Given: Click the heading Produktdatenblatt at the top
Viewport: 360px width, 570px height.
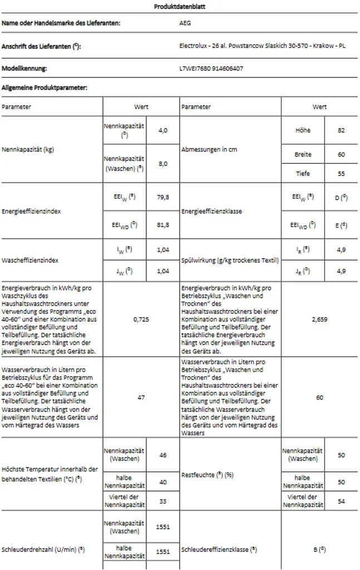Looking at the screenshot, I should [x=179, y=7].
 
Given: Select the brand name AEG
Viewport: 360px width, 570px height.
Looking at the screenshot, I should [x=185, y=23].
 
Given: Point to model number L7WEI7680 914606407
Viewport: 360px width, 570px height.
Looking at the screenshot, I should [x=211, y=68].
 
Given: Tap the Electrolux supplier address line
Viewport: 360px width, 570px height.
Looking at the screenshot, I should [x=262, y=46].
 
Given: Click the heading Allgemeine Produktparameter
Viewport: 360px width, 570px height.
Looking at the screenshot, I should [x=45, y=87].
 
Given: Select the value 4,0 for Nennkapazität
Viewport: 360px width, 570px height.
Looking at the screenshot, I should [x=162, y=130].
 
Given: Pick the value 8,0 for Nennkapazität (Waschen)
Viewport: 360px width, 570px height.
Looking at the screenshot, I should [x=162, y=164].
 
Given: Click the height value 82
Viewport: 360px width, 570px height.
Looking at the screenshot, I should [x=341, y=130].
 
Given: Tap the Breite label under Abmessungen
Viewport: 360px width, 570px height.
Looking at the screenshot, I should [x=303, y=154].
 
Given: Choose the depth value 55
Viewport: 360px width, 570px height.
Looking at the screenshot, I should [x=341, y=174].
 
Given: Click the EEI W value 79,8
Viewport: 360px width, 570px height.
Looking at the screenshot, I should [x=162, y=197].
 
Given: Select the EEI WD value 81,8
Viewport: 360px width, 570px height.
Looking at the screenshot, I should [x=162, y=225].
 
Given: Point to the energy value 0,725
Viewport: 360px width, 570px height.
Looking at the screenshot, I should [x=141, y=320].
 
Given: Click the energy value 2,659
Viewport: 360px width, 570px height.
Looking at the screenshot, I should [x=319, y=320].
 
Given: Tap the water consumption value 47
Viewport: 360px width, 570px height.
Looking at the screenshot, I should [x=141, y=398].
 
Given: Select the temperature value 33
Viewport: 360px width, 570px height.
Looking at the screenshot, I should [x=162, y=500].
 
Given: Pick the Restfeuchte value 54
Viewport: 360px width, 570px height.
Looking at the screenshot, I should [x=341, y=500].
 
